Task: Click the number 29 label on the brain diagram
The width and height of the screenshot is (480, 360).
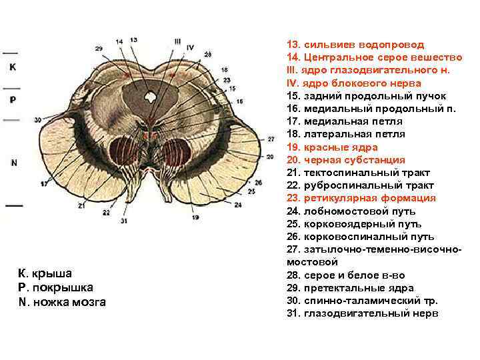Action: coord(99,49)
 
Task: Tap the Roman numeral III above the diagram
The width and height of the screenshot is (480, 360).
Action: coord(177,41)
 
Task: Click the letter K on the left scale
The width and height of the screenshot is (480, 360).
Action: coord(13,67)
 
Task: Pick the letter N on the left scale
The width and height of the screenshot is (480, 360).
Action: coord(13,162)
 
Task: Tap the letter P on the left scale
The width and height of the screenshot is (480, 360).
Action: coord(13,99)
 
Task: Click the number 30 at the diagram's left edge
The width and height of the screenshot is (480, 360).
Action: coord(38,120)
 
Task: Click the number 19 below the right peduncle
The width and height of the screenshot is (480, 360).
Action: coord(195,217)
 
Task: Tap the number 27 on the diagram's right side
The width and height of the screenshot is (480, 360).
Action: coord(271,139)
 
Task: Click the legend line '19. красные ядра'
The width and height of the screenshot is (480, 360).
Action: coord(332,147)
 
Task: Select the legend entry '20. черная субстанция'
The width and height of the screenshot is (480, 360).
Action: coord(345,160)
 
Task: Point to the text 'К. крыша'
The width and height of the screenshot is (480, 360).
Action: coord(45,273)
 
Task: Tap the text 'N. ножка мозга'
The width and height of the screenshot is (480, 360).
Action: coord(62,302)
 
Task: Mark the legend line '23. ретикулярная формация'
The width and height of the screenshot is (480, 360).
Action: coord(361,198)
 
